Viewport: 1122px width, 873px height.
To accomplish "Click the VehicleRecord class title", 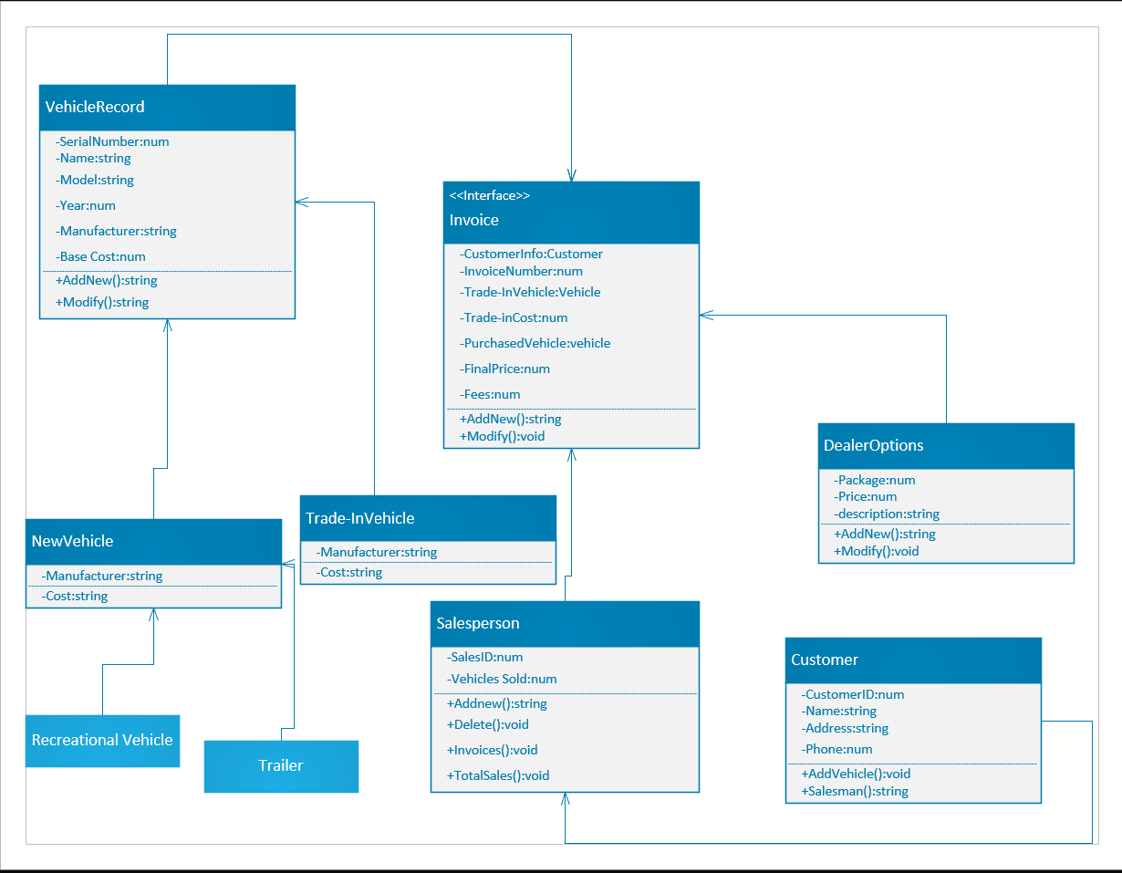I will coord(95,107).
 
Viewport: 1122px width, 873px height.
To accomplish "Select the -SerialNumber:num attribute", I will coord(112,141).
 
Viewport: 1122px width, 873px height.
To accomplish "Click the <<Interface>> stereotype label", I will coord(490,195).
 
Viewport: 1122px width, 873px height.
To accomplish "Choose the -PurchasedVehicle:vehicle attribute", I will coord(535,343).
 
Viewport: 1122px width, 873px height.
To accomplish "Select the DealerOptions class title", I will coord(873,445).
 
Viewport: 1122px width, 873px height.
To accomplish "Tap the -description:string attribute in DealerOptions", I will coord(886,514).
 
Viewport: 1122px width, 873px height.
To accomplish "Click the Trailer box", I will coord(281,765).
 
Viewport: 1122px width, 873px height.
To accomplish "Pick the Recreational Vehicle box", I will coord(102,740).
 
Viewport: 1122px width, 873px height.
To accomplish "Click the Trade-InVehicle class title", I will coord(359,518).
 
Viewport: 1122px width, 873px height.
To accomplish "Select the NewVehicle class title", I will coord(72,541).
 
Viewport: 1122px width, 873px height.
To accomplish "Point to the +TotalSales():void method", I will coord(498,775).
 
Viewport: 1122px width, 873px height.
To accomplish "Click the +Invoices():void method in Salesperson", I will coord(493,750).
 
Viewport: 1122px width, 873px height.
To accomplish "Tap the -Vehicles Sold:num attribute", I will coord(502,679).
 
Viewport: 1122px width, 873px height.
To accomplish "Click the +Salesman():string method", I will coord(855,791).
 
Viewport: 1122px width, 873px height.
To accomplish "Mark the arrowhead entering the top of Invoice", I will coord(571,175).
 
